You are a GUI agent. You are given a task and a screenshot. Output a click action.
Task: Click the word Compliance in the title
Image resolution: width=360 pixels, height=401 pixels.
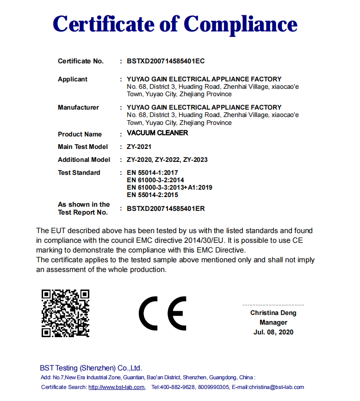click(240, 24)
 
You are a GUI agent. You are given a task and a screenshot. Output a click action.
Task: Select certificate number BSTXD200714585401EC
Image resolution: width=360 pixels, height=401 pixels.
click(165, 61)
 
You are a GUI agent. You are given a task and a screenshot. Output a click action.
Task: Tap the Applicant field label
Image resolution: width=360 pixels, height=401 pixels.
click(72, 79)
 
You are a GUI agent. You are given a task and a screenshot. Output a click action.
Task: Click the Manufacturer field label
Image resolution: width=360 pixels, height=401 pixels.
click(78, 107)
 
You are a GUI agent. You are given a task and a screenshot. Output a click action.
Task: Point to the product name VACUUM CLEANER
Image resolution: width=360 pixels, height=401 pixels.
click(157, 133)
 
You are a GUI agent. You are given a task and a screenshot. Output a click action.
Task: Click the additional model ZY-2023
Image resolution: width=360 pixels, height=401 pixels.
click(195, 160)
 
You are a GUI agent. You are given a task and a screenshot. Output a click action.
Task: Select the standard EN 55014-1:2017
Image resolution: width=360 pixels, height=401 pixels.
click(153, 173)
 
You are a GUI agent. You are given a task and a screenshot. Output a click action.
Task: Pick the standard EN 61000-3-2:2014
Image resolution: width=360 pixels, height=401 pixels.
click(155, 180)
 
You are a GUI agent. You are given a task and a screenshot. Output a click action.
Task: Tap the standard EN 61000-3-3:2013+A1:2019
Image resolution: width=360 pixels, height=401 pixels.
click(169, 187)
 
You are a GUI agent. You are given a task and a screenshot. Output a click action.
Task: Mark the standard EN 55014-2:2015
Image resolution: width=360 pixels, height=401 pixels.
click(152, 195)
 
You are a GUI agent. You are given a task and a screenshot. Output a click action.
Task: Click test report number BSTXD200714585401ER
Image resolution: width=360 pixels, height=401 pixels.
click(165, 209)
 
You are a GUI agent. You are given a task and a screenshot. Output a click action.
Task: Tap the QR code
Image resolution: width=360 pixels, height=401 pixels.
click(65, 313)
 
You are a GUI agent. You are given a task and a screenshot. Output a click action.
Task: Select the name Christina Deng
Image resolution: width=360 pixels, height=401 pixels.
click(273, 313)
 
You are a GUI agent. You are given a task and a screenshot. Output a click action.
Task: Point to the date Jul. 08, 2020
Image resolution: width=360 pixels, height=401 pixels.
click(273, 332)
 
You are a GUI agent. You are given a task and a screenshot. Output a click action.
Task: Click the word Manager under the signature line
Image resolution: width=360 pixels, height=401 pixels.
click(273, 322)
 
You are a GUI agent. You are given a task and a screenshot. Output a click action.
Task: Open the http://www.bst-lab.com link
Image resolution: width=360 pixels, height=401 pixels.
click(117, 387)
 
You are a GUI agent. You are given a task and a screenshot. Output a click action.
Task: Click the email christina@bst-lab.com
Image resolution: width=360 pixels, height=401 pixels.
click(276, 387)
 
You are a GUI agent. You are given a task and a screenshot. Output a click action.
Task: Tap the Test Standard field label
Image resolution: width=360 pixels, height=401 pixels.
click(79, 173)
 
